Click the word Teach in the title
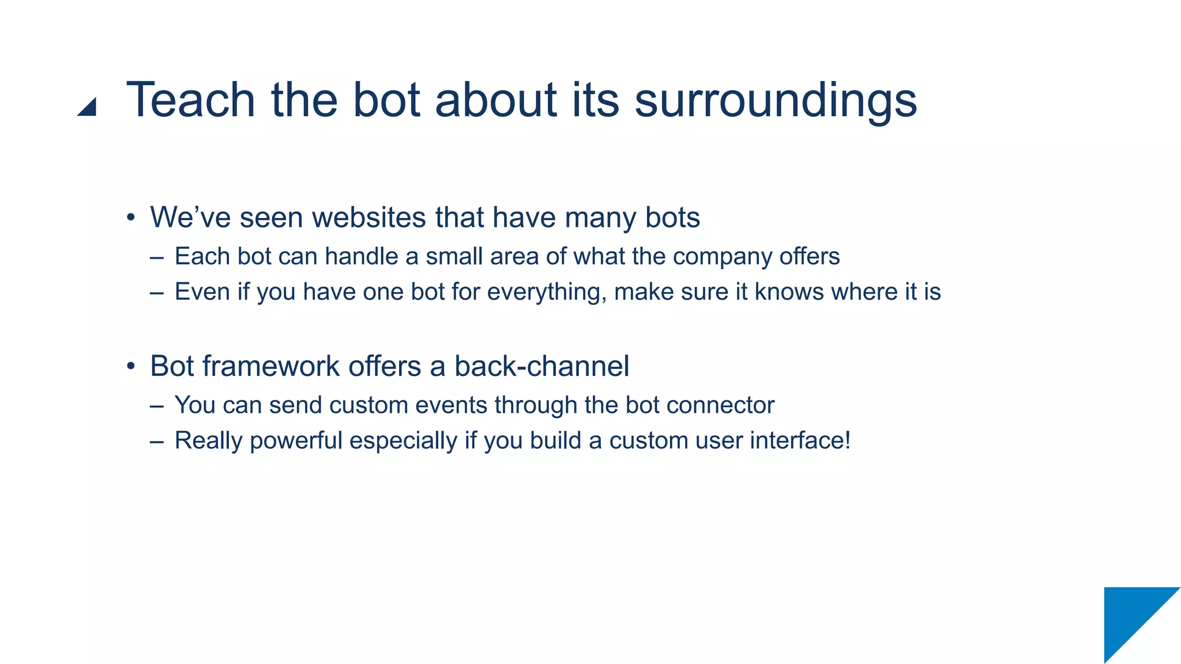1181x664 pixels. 190,100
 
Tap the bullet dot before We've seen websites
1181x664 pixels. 131,218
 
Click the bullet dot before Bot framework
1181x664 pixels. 131,367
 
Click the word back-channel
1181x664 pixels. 541,366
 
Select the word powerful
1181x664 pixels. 296,441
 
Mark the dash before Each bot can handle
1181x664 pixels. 156,257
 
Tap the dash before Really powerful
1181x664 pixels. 156,442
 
